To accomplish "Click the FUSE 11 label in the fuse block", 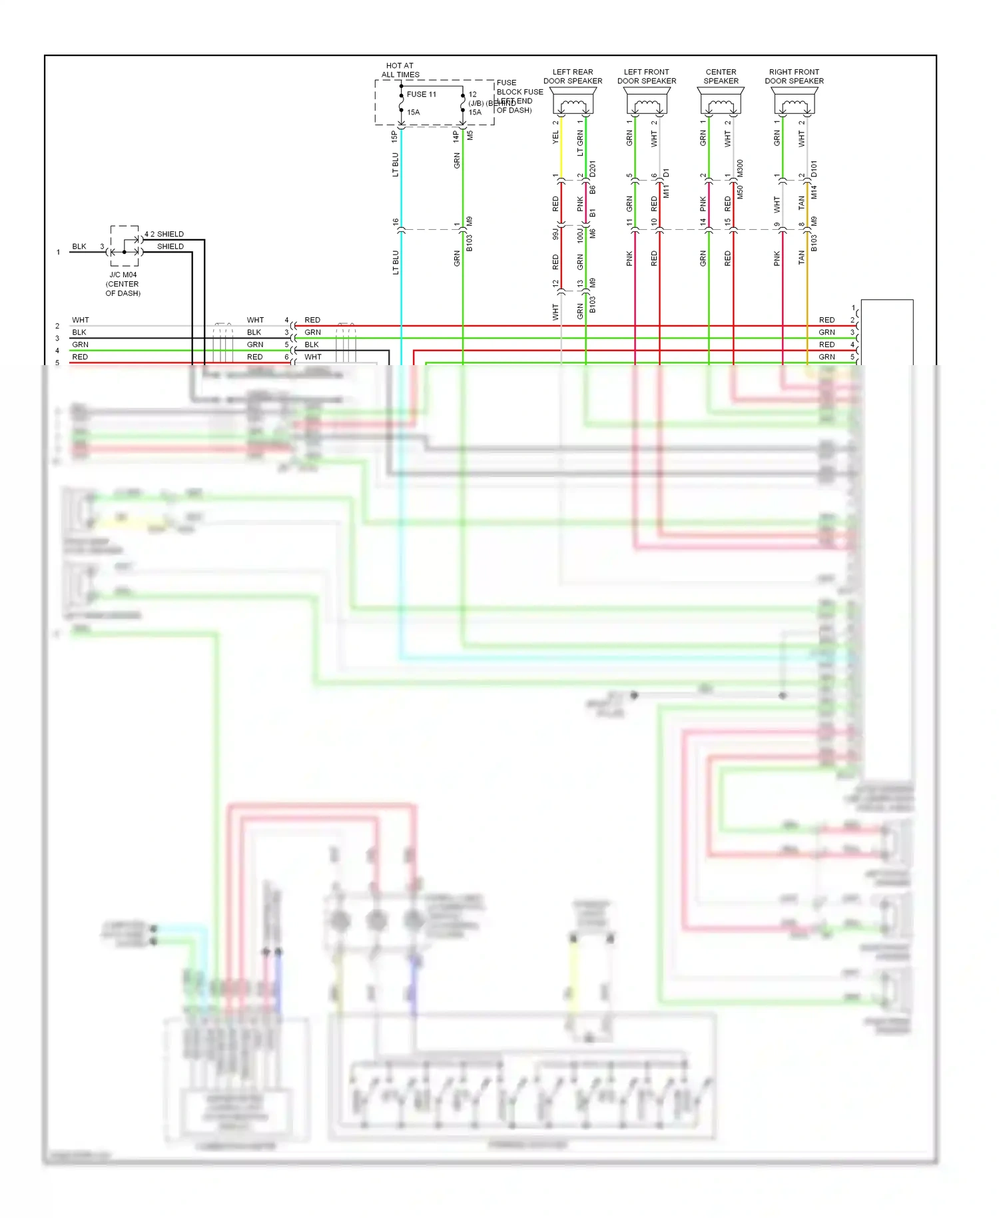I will (421, 95).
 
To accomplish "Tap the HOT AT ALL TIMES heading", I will (400, 70).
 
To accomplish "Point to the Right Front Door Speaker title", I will (794, 76).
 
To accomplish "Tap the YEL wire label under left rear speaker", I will (555, 137).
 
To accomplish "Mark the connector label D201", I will (593, 169).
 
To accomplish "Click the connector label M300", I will (740, 168).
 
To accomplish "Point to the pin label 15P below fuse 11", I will (394, 136).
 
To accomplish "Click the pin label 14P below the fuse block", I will (456, 136).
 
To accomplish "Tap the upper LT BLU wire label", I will (395, 165).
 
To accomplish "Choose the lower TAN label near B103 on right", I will (801, 257).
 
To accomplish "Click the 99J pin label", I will (555, 234).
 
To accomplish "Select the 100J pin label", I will (579, 234).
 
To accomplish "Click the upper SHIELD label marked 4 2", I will (165, 234).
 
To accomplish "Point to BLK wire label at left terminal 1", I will (79, 247).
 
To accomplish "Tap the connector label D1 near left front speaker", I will (666, 173).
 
